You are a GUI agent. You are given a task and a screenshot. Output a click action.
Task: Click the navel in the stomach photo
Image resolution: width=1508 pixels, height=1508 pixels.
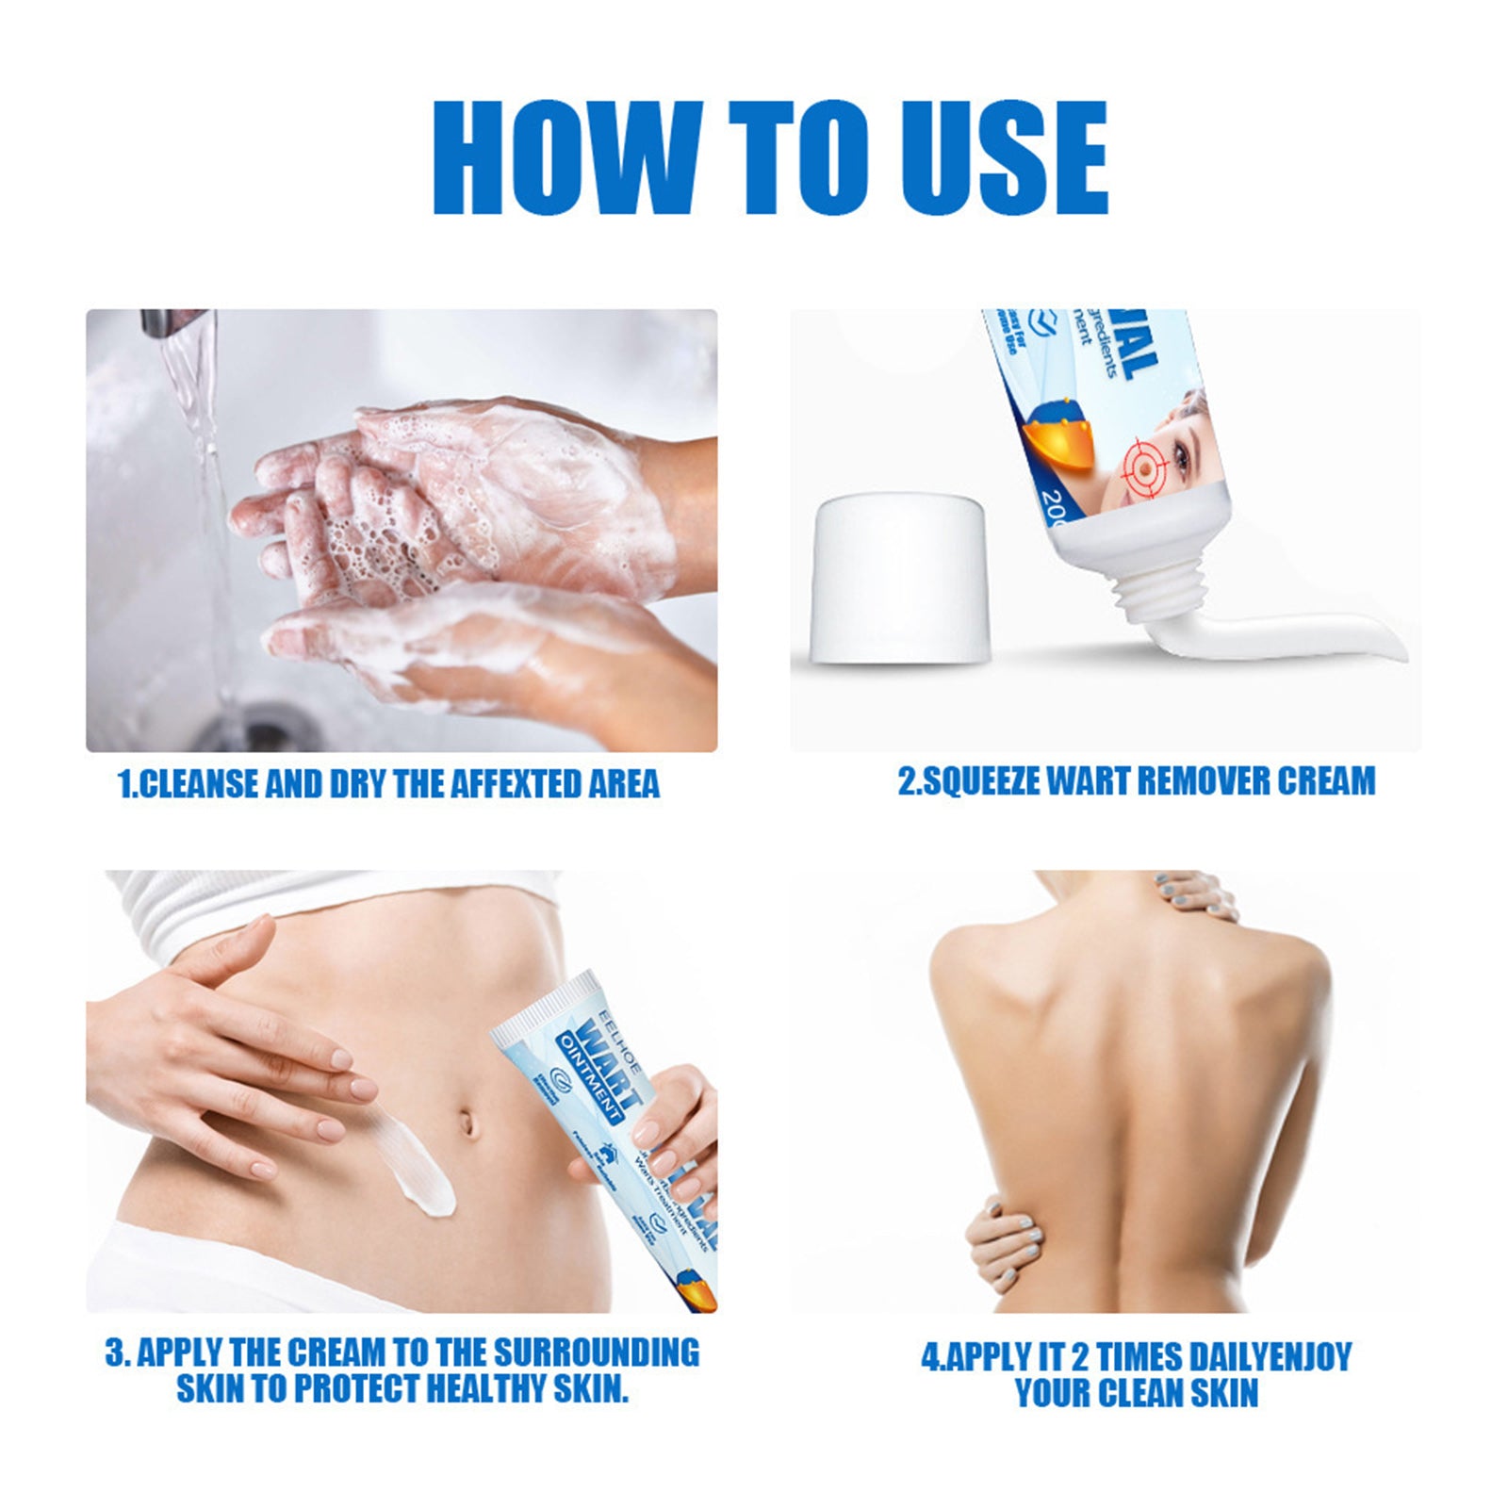(466, 1123)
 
